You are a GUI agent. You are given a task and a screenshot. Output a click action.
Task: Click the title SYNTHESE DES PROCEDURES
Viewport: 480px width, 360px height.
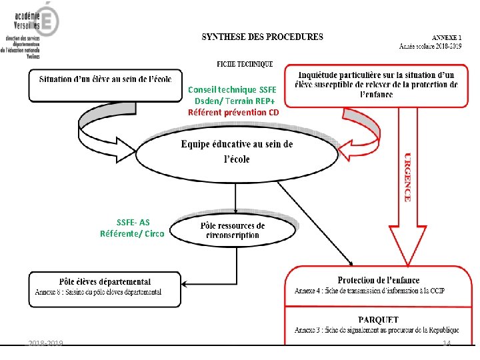pyautogui.click(x=262, y=37)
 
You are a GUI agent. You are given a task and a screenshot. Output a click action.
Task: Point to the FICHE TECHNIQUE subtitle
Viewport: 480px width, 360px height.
pyautogui.click(x=244, y=65)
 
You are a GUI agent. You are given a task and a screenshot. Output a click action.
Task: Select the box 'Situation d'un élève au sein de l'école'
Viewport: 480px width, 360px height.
pyautogui.click(x=105, y=84)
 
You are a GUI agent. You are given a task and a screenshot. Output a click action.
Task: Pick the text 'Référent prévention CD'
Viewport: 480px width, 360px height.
pyautogui.click(x=233, y=112)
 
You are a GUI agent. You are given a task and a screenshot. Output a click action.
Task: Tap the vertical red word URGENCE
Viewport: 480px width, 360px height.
pyautogui.click(x=407, y=176)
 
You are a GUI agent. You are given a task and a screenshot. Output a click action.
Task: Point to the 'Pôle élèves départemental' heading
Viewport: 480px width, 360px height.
pyautogui.click(x=105, y=282)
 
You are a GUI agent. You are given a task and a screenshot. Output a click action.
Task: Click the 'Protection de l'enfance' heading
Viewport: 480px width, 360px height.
pyautogui.click(x=375, y=281)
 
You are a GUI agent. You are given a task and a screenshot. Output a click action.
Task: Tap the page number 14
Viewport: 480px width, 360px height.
pyautogui.click(x=447, y=343)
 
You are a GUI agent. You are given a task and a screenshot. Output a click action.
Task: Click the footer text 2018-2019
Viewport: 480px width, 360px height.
pyautogui.click(x=45, y=343)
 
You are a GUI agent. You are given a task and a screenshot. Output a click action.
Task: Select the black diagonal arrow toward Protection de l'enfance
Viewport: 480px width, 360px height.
pyautogui.click(x=315, y=222)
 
